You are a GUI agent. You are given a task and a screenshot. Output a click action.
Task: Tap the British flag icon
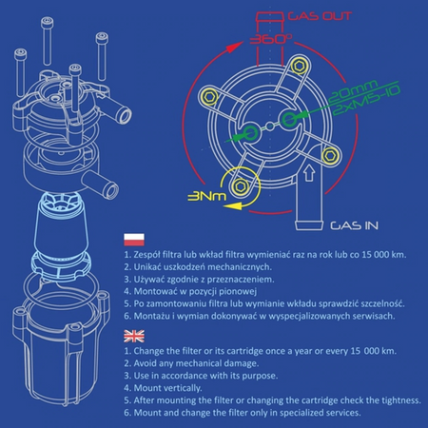(x=135, y=336)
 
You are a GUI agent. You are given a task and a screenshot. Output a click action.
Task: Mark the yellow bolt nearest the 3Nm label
(x=241, y=181)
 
